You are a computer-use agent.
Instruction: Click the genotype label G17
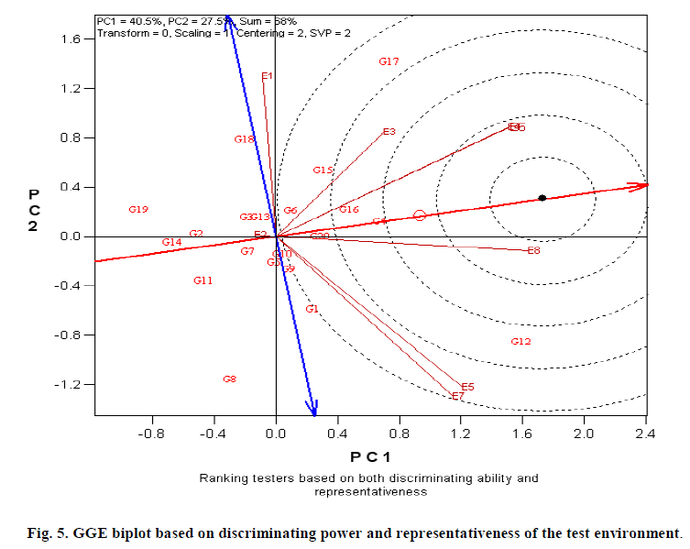tap(389, 61)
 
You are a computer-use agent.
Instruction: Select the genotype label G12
tap(520, 341)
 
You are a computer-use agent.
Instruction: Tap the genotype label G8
tap(229, 379)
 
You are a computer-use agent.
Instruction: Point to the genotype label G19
tap(138, 210)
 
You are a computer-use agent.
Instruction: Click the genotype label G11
tap(203, 280)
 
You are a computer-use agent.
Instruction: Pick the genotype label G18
tap(244, 139)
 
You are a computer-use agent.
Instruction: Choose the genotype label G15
tap(323, 170)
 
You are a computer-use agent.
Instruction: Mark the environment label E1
tap(267, 76)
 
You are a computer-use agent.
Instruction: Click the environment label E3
tap(389, 132)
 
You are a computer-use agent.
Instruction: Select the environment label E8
tap(533, 250)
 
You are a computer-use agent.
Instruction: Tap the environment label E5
tap(467, 387)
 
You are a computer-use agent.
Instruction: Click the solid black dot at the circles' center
tap(542, 198)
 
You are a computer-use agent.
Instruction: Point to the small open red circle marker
tap(420, 215)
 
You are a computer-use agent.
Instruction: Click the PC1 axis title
tap(371, 456)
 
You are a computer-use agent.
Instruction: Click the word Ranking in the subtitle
tap(220, 478)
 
